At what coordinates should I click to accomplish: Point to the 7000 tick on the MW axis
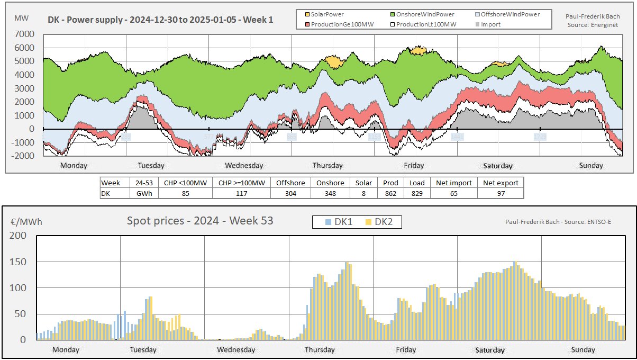(25, 34)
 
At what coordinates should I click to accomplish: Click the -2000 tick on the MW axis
(23, 156)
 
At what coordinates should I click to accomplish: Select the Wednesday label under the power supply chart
(244, 166)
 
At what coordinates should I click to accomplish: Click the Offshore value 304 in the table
(290, 193)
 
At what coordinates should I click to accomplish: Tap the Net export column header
(500, 183)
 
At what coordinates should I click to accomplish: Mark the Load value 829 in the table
(417, 193)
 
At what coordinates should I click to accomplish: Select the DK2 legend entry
(380, 222)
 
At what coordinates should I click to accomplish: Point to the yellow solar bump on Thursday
(334, 61)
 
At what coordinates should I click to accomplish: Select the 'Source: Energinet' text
(592, 24)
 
